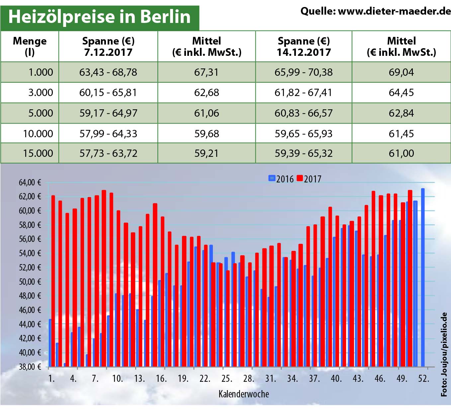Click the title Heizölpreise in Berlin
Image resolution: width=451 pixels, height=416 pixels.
point(99,17)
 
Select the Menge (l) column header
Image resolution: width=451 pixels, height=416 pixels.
point(30,47)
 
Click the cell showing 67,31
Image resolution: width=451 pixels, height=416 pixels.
point(206,72)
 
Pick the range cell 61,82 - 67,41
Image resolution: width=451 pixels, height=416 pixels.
point(303,92)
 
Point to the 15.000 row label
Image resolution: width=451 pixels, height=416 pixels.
point(38,153)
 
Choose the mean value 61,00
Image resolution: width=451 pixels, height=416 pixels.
point(401,153)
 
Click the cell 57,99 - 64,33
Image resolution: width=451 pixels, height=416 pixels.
point(108,134)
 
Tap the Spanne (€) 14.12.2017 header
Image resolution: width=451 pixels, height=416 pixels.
point(304,47)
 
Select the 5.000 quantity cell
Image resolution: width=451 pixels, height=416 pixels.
point(41,113)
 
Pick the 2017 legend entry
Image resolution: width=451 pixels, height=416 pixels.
point(309,179)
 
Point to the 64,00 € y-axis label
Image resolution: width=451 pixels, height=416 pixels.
point(30,182)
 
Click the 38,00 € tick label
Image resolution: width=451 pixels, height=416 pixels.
point(30,367)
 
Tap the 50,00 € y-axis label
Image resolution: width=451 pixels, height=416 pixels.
point(30,282)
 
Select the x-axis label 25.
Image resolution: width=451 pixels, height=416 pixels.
point(226,378)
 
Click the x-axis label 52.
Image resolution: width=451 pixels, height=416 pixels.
point(423,378)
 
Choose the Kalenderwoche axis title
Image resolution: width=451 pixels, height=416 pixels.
point(243,394)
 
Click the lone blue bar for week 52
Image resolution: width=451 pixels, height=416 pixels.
point(423,277)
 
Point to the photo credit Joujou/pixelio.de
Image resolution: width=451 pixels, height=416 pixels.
point(444,354)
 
